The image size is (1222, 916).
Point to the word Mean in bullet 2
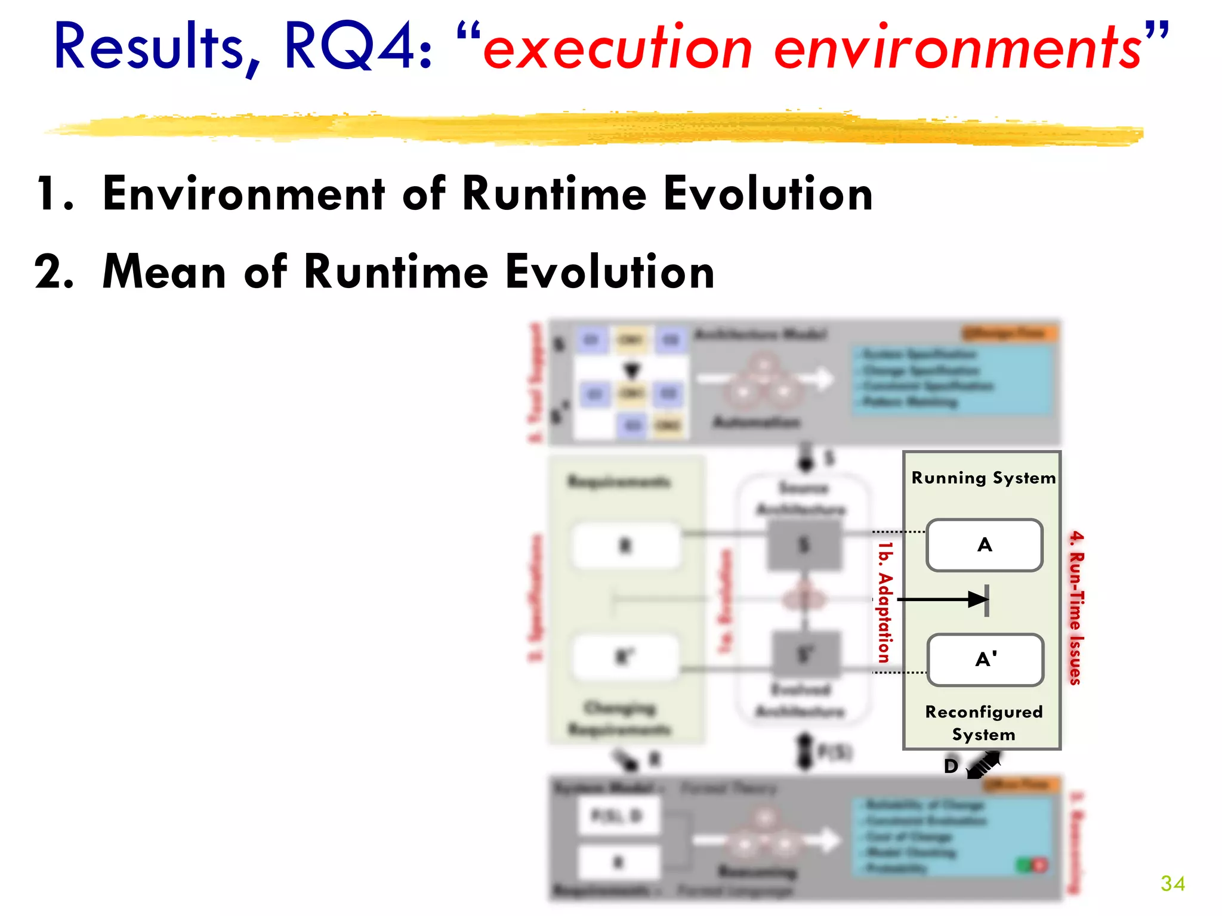[x=164, y=272]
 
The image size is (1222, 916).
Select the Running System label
[x=983, y=478]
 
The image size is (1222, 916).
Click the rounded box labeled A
[x=985, y=545]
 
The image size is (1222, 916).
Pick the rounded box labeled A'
[x=985, y=660]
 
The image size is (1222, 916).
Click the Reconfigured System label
[x=983, y=723]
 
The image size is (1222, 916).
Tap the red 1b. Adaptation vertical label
[x=885, y=602]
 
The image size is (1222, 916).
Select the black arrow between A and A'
[x=943, y=599]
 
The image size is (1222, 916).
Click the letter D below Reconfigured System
[x=951, y=766]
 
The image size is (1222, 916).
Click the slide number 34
[x=1172, y=883]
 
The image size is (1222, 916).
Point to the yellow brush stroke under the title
[x=597, y=128]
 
